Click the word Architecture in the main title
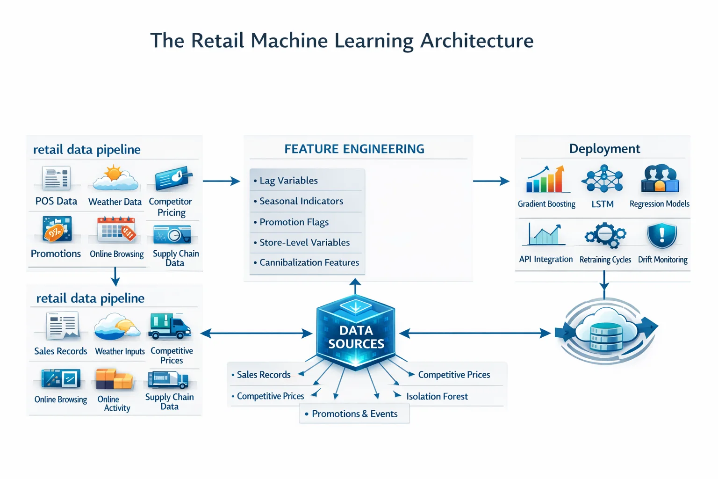(477, 41)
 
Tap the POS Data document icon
(56, 178)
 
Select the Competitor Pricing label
(171, 207)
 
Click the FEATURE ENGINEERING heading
(354, 149)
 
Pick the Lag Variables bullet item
(288, 181)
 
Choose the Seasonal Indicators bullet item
(301, 201)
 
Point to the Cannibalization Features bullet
(309, 262)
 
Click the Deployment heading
(604, 149)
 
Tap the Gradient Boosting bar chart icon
(546, 179)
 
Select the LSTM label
(603, 204)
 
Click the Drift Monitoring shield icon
(662, 235)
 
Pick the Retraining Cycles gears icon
(605, 235)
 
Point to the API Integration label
(546, 259)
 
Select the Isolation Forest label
(437, 396)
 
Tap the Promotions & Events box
(354, 414)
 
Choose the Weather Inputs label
(120, 351)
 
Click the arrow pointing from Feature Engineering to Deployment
(491, 181)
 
